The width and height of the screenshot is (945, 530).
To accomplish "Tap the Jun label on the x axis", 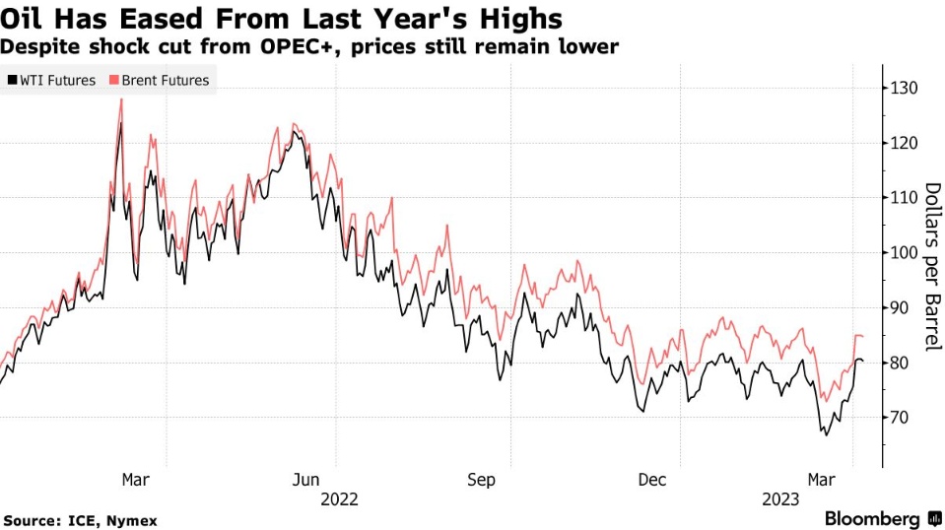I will [306, 479].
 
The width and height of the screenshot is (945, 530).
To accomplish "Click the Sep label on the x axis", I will [481, 479].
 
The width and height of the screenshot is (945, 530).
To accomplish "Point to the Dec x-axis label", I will [652, 479].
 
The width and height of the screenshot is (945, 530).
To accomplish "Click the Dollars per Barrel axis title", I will [931, 266].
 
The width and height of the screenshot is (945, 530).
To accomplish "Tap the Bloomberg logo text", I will [872, 518].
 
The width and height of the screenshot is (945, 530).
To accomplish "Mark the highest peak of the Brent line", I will [121, 99].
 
